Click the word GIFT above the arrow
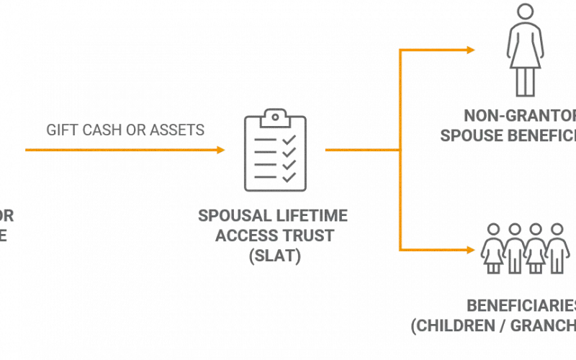(x=60, y=130)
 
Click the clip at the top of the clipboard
(x=271, y=116)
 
